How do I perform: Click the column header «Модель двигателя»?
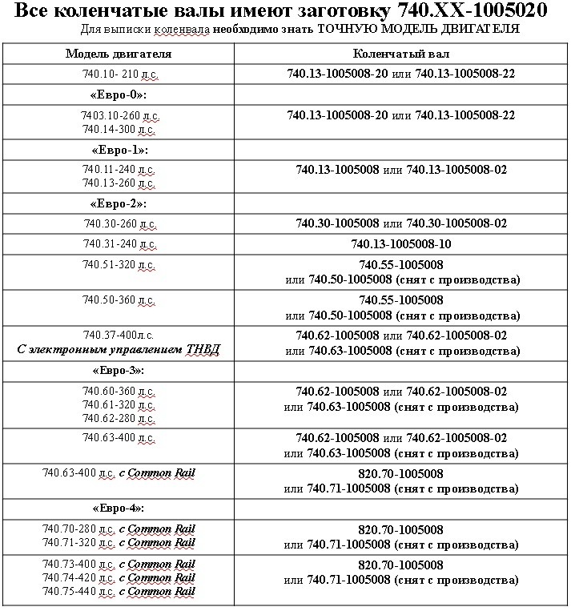118,54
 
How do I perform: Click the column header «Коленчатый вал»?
401,54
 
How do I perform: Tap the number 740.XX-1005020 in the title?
476,12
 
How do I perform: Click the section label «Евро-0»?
119,94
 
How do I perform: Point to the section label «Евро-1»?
119,150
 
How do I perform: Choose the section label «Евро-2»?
119,203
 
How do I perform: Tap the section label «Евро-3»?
119,372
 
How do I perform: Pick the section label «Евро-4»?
119,508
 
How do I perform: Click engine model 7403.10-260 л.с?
119,115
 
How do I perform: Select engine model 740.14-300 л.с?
119,128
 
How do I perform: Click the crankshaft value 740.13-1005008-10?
401,243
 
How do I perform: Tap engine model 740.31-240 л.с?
119,243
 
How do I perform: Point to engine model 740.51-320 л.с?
119,264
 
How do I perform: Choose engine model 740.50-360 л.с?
119,300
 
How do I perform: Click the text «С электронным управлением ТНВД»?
119,349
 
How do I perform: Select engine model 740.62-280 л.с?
119,417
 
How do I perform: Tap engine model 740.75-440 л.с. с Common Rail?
119,591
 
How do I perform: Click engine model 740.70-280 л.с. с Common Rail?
119,529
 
